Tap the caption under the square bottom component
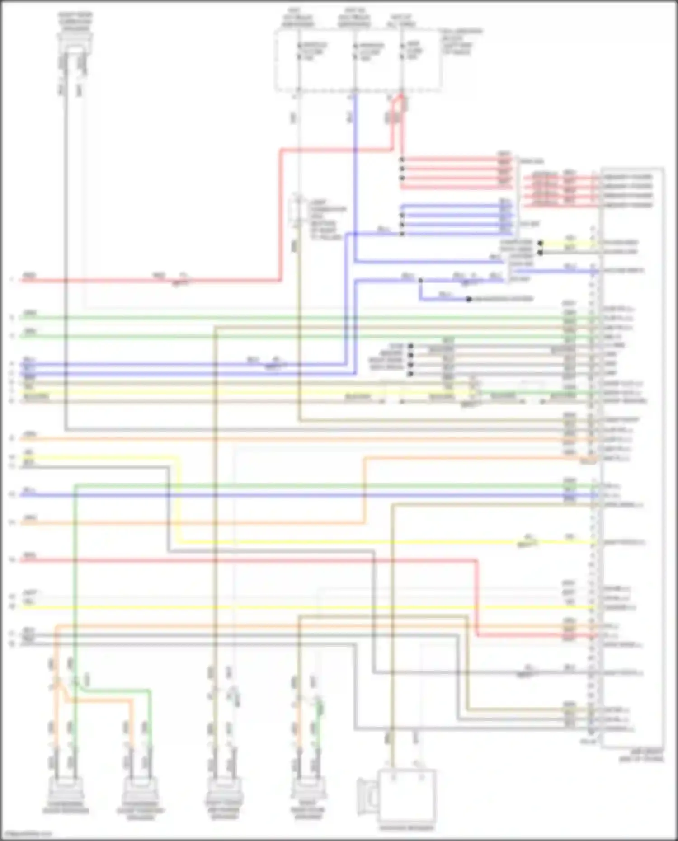pos(407,828)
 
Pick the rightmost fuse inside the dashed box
pos(402,51)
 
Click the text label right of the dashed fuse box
pos(461,42)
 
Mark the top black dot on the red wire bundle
pos(402,160)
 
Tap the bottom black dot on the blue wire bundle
pos(402,234)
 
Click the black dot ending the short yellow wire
pos(540,243)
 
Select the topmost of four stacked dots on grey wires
pos(410,347)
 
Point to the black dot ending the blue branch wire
pos(469,299)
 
